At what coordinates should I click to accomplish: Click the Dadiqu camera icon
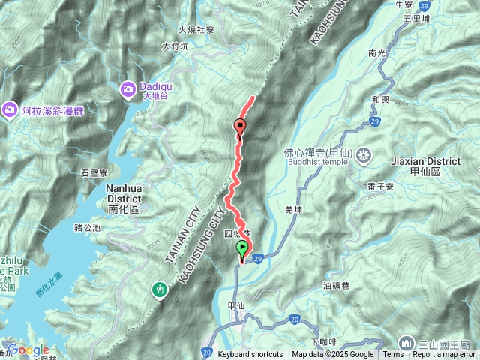pos(127,90)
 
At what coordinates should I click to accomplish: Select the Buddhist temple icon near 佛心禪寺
pos(364,156)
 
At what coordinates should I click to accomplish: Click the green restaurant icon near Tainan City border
pos(160,289)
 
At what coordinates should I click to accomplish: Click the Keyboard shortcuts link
pos(250,355)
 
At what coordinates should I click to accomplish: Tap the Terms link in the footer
pos(393,355)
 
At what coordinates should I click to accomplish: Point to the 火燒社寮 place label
pos(196,31)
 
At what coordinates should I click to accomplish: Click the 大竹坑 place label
pos(175,46)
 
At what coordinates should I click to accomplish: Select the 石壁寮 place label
pos(94,172)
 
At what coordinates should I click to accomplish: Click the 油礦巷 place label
pos(337,285)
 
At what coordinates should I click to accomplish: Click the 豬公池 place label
pos(87,227)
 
